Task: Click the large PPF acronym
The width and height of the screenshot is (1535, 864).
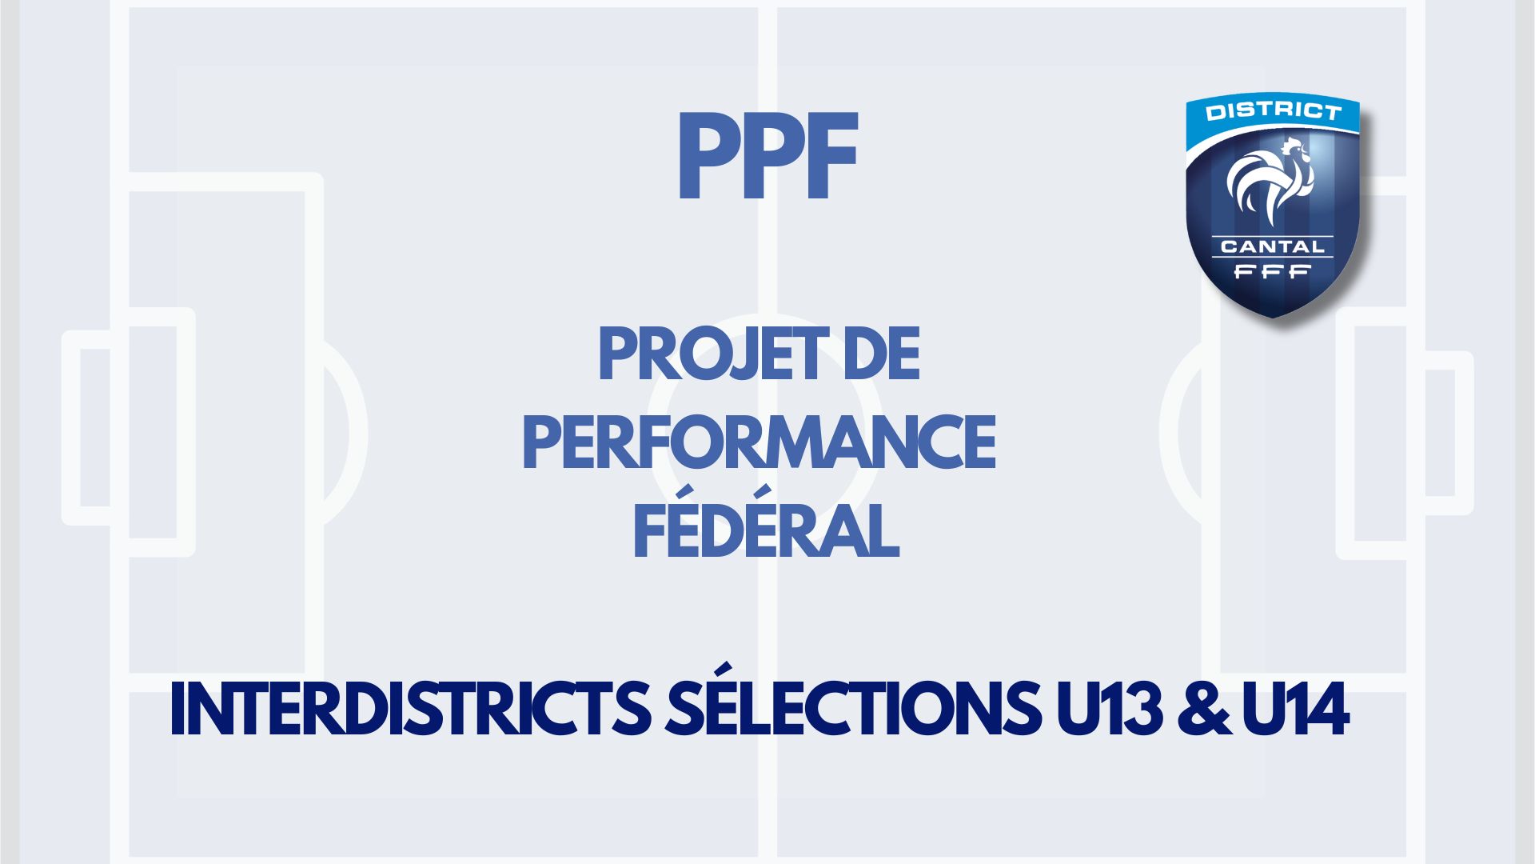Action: pos(767,156)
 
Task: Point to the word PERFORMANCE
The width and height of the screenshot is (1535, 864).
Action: pos(760,442)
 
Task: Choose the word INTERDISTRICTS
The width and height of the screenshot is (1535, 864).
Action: pos(410,709)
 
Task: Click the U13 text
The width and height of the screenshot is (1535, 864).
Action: pos(1109,709)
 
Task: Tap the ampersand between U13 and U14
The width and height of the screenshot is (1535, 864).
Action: pos(1204,709)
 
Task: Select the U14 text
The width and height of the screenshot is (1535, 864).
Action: pos(1296,709)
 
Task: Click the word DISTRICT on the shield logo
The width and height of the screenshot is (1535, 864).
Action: pos(1273,111)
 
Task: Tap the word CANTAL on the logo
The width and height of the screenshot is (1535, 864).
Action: pos(1272,246)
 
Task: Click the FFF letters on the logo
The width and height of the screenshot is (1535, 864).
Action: pos(1272,272)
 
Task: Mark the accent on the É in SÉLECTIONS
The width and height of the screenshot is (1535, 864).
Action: pos(723,669)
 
